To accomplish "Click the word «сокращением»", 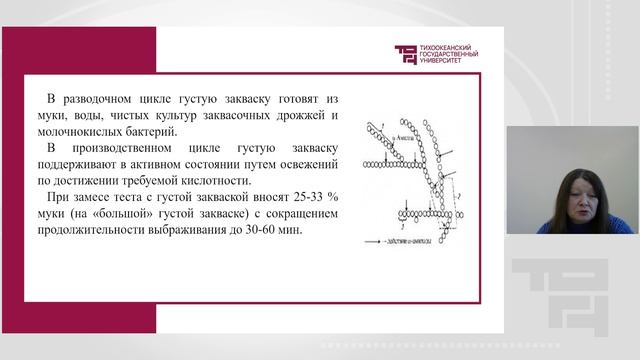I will coord(300,214).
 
